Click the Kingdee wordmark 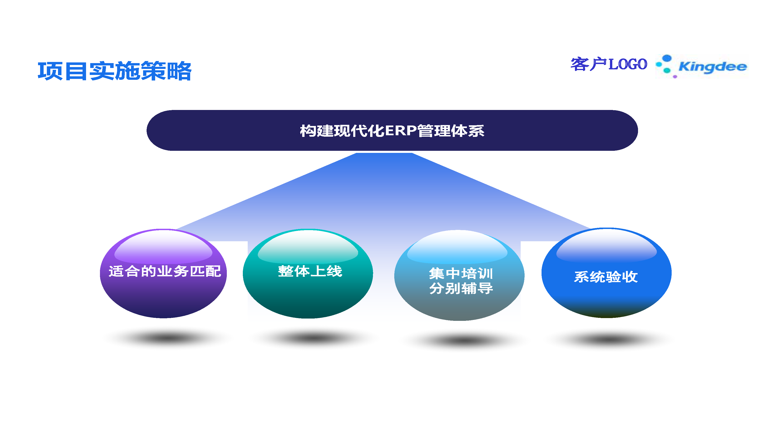pyautogui.click(x=712, y=67)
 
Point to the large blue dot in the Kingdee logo pyautogui.click(x=667, y=58)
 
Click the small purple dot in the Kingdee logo pyautogui.click(x=675, y=77)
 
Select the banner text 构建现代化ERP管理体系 pyautogui.click(x=392, y=131)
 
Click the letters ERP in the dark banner pyautogui.click(x=401, y=131)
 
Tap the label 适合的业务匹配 pyautogui.click(x=165, y=271)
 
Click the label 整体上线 pyautogui.click(x=310, y=271)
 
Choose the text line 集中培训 pyautogui.click(x=461, y=274)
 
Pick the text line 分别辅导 pyautogui.click(x=461, y=288)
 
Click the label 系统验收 pyautogui.click(x=606, y=277)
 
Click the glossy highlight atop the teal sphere pyautogui.click(x=308, y=247)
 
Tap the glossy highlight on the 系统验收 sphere pyautogui.click(x=606, y=245)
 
